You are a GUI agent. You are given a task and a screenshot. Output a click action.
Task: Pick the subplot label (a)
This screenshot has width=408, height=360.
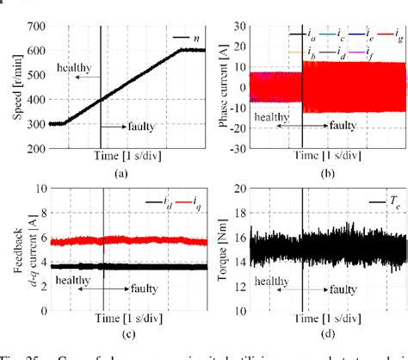[121, 172]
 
